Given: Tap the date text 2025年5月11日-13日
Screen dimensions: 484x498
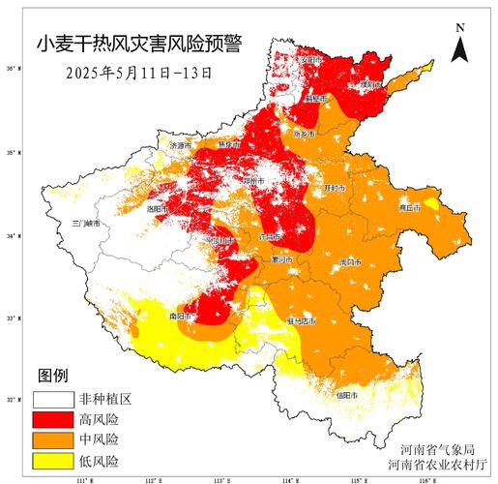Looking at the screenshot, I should (138, 71).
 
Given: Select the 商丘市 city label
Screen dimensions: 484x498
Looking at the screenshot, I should (411, 207).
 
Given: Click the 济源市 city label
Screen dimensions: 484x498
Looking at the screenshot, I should (181, 145).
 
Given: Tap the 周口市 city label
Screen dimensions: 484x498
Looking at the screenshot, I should (350, 262).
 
